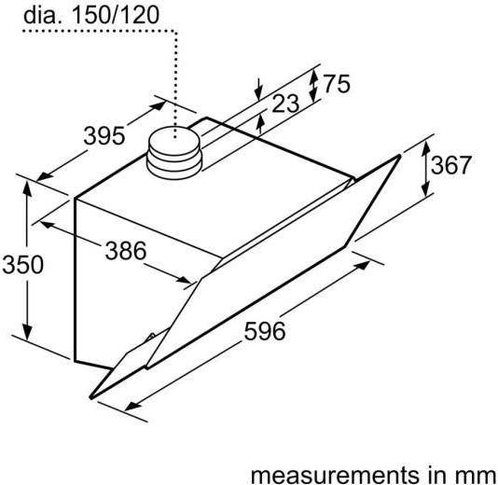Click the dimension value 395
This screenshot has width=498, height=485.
[103, 136]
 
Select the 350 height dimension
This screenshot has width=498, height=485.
[21, 265]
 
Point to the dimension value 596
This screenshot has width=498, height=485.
[263, 329]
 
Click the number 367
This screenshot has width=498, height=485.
[450, 166]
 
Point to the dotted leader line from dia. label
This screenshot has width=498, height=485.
[175, 75]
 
